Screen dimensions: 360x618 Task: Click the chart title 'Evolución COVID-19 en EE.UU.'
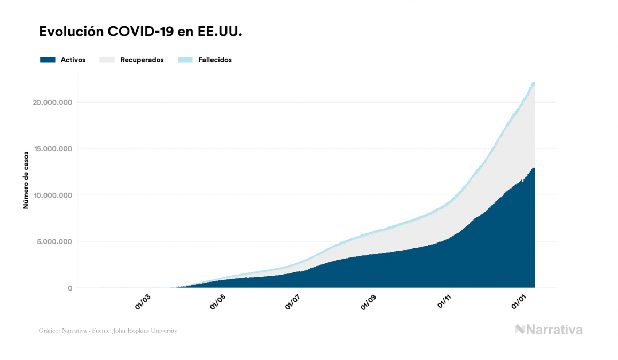tap(141, 32)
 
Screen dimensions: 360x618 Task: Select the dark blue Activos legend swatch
tap(48, 60)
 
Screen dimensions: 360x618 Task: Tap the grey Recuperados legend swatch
tap(107, 60)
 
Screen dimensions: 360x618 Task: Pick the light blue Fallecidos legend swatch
tap(185, 60)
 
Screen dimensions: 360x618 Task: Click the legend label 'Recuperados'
tap(142, 60)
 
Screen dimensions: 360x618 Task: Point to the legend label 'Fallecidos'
tap(215, 60)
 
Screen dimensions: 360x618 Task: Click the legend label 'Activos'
tap(73, 60)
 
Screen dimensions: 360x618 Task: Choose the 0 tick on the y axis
tap(69, 288)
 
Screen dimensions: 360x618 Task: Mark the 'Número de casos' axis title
tap(26, 181)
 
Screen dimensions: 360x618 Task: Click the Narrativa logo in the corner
tap(548, 330)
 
